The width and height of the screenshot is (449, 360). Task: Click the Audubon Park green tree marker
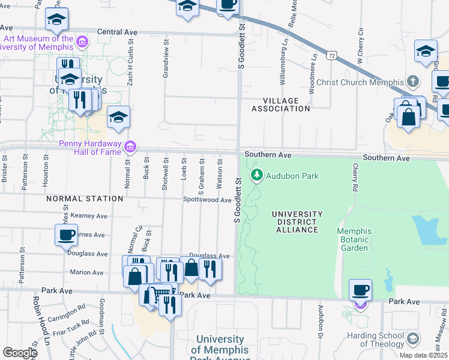click(257, 175)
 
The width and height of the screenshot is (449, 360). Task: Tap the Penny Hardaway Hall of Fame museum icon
click(130, 146)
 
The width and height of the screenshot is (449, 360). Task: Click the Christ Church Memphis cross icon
click(413, 82)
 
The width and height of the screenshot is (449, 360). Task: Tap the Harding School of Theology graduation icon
click(413, 340)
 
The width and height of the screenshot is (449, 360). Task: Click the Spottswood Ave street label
click(207, 200)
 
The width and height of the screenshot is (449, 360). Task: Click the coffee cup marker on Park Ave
click(360, 291)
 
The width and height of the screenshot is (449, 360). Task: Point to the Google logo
click(20, 352)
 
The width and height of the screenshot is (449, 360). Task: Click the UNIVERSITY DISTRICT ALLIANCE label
click(297, 221)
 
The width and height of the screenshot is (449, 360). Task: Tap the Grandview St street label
click(166, 59)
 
